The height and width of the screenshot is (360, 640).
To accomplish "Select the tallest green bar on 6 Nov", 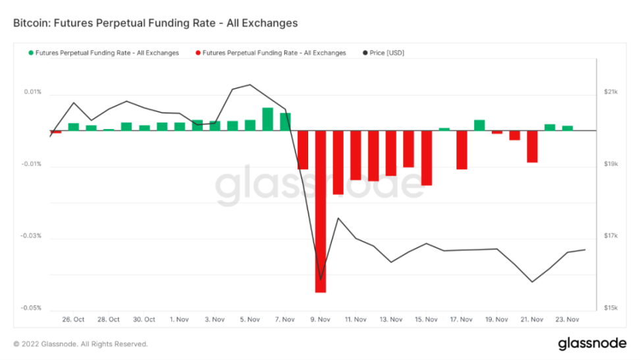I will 267,119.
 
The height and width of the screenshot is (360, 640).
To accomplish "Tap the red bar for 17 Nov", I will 462,149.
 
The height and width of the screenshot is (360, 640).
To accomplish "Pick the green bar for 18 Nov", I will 479,125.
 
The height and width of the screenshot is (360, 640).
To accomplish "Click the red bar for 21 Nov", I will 532,146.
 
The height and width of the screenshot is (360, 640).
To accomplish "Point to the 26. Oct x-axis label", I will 73,320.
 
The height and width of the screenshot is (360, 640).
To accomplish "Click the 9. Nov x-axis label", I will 320,320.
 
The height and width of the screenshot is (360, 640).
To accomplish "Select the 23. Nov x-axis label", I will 567,320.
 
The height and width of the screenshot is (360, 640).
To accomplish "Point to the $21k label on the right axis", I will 610,92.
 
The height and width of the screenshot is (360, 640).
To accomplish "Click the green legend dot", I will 30,53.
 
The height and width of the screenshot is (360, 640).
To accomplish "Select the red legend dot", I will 198,53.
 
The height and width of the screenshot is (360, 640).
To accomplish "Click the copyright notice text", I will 80,344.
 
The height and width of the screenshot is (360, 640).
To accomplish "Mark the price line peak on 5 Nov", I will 250,85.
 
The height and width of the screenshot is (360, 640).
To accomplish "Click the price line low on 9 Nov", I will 321,280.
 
